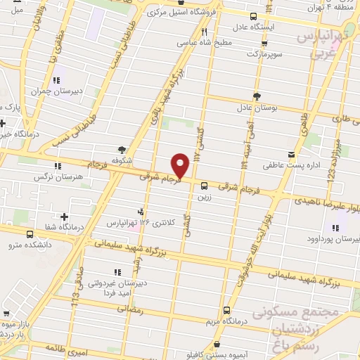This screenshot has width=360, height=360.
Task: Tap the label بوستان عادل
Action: point(257,109)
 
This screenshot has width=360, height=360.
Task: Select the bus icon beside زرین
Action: point(204,186)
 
